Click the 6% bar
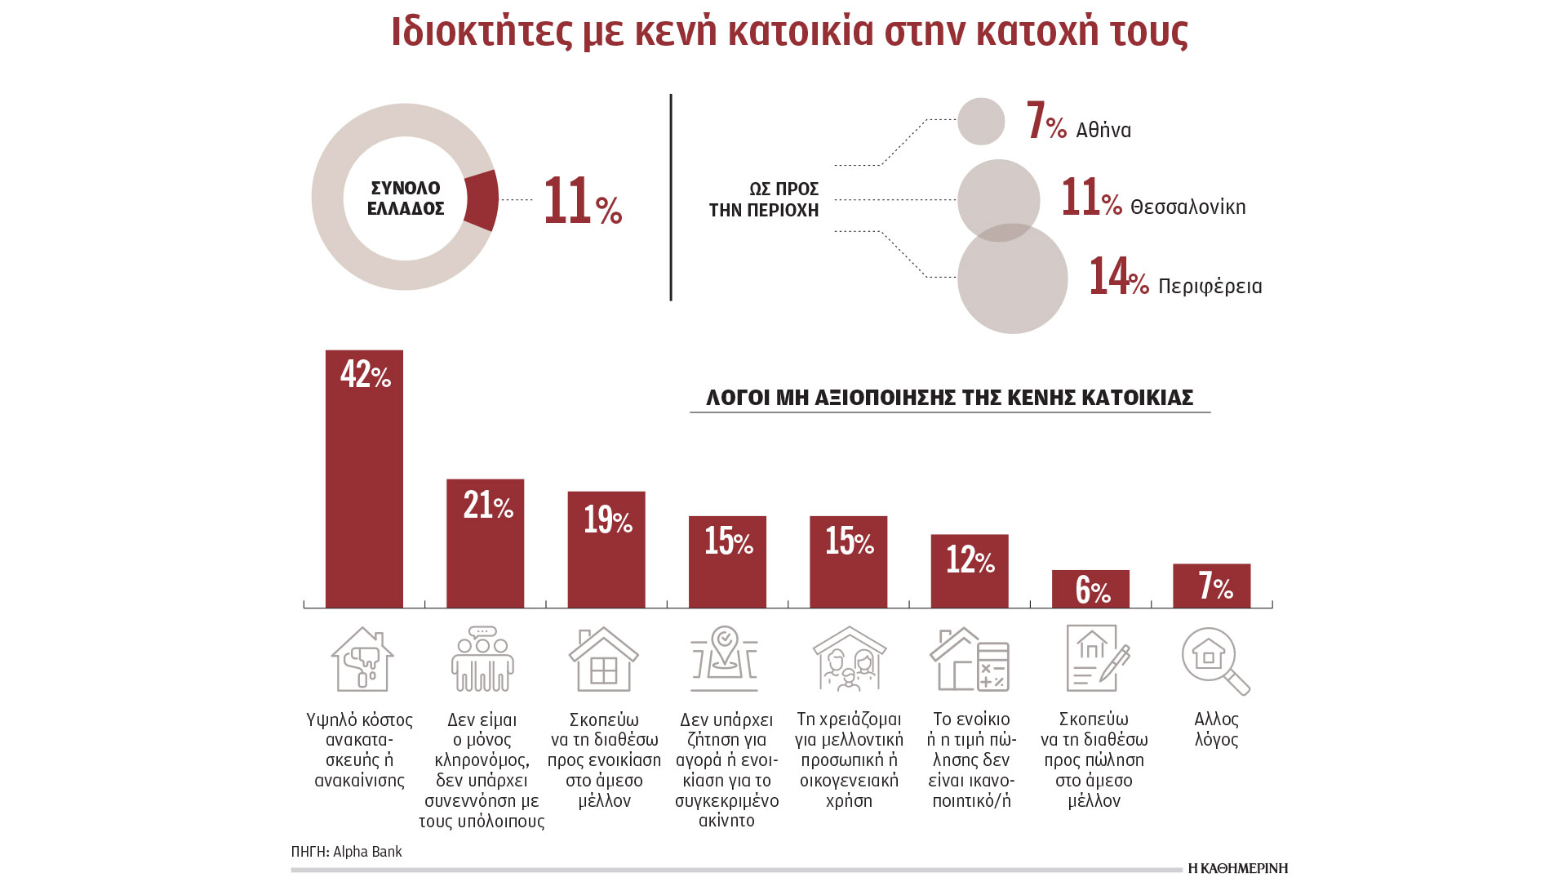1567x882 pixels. pyautogui.click(x=1090, y=589)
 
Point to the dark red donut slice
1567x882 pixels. pyautogui.click(x=482, y=200)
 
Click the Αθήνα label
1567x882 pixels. pyautogui.click(x=1103, y=131)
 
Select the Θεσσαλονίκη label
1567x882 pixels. pyautogui.click(x=1187, y=207)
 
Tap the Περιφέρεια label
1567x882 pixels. pyautogui.click(x=1210, y=287)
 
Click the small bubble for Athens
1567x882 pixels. pyautogui.click(x=981, y=122)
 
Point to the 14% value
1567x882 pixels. pyautogui.click(x=1118, y=277)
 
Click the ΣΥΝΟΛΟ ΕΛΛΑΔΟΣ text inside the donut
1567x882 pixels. pyautogui.click(x=406, y=198)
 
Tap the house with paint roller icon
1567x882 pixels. pyautogui.click(x=362, y=659)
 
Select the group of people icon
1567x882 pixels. pyautogui.click(x=482, y=659)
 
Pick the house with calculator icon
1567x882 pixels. pyautogui.click(x=970, y=659)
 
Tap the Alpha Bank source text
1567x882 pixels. pyautogui.click(x=346, y=852)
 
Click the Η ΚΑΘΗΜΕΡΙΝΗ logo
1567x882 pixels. pyautogui.click(x=1237, y=868)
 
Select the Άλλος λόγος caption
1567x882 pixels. pyautogui.click(x=1216, y=729)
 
